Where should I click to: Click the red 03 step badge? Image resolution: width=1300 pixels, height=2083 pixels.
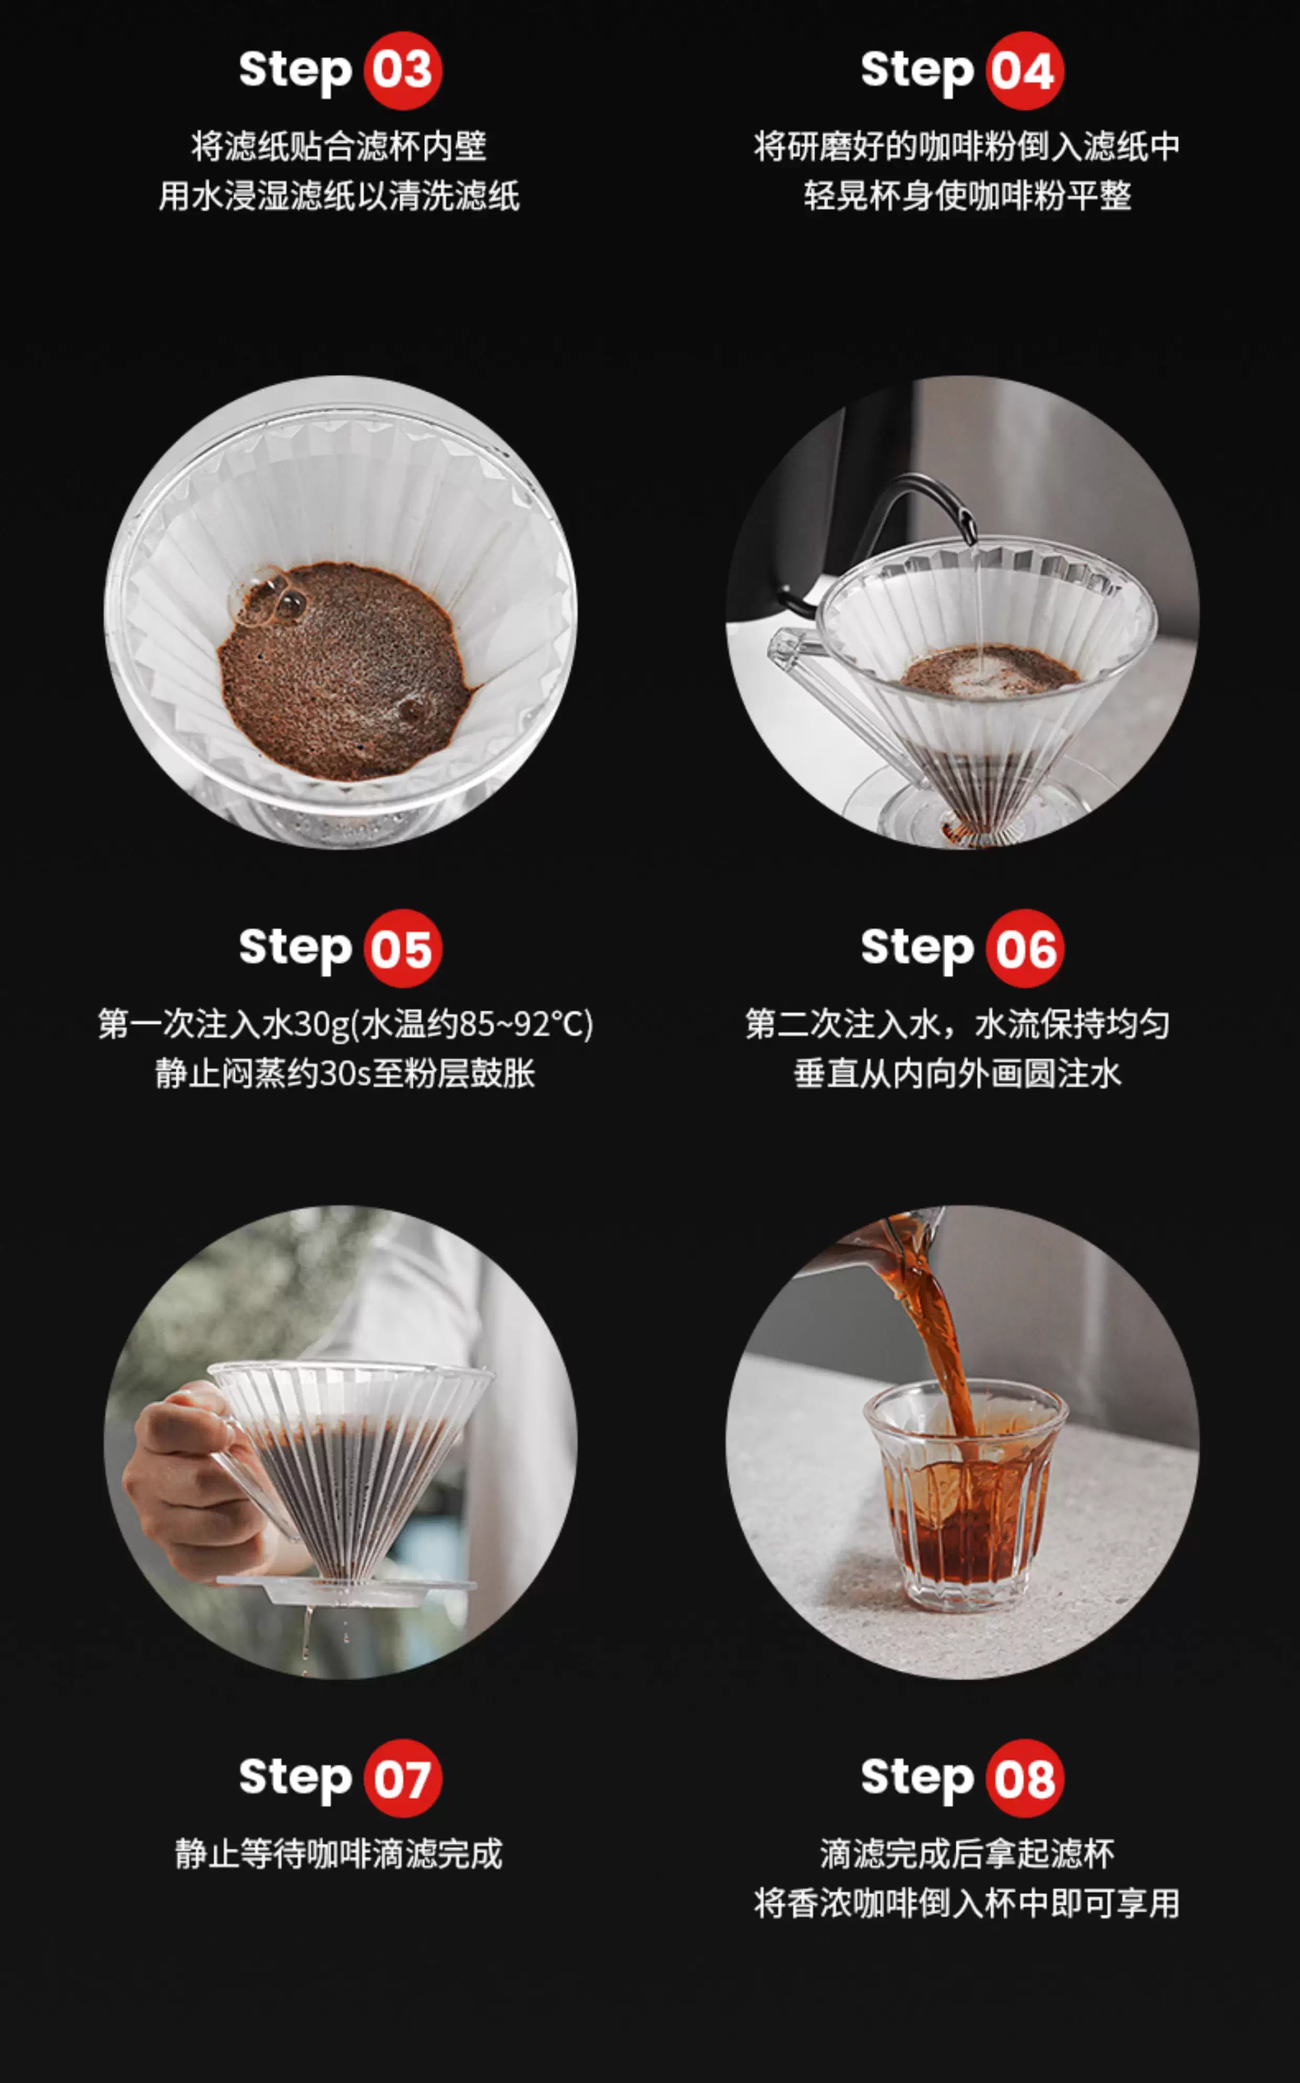click(x=403, y=70)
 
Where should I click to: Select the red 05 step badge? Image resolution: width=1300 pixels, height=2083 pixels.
click(x=403, y=948)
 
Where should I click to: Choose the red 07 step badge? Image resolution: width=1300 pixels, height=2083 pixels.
click(x=403, y=1778)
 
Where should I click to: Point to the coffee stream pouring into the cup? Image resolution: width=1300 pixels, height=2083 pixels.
click(x=941, y=1341)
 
